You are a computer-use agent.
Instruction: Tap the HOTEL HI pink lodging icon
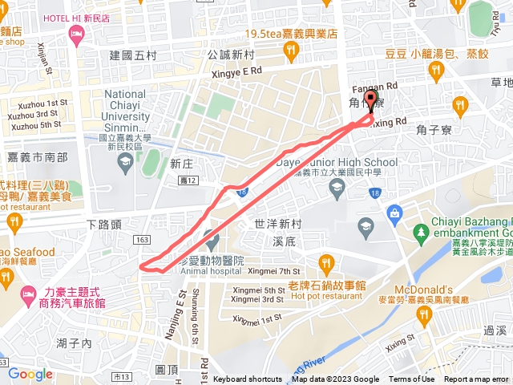(77, 33)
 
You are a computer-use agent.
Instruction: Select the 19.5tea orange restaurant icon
(292, 51)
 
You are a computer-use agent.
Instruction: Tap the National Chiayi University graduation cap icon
(125, 164)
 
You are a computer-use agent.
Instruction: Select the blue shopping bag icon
(394, 213)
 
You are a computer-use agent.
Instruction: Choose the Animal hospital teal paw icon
(210, 239)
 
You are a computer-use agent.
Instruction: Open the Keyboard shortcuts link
(247, 379)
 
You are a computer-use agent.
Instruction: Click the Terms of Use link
(412, 379)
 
